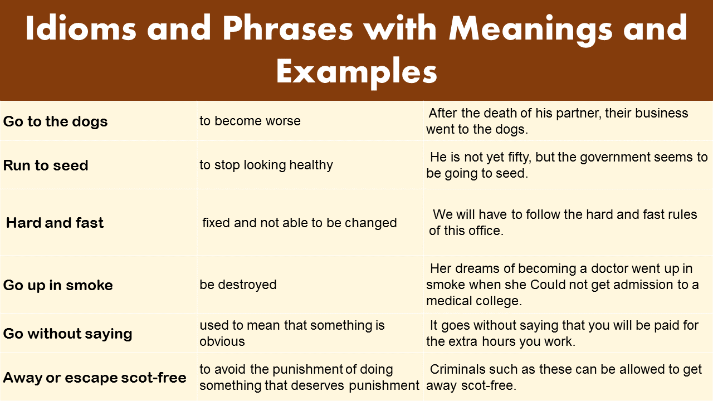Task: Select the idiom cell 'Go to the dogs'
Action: pos(56,122)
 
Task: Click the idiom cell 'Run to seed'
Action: pos(46,165)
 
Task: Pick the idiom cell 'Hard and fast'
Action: pos(55,223)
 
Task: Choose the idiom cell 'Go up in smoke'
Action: pos(58,285)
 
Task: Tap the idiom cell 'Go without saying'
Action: pos(67,334)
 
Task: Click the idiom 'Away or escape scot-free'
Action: pos(95,378)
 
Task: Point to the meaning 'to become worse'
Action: pos(250,121)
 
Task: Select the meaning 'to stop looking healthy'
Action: pos(266,165)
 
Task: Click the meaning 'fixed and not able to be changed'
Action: pos(299,223)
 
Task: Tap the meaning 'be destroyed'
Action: pos(238,285)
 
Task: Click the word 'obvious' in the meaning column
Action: pos(222,341)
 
